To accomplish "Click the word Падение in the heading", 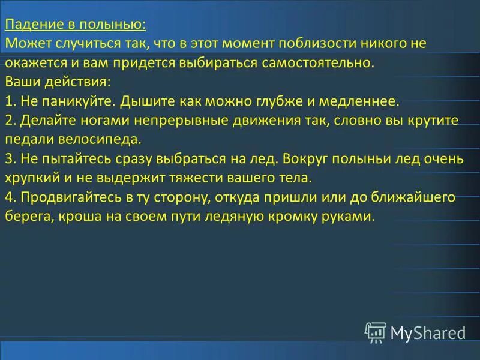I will pyautogui.click(x=31, y=25).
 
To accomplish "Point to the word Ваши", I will pyautogui.click(x=20, y=82).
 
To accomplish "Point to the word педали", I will pyautogui.click(x=29, y=139).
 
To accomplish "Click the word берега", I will pyautogui.click(x=29, y=216).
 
